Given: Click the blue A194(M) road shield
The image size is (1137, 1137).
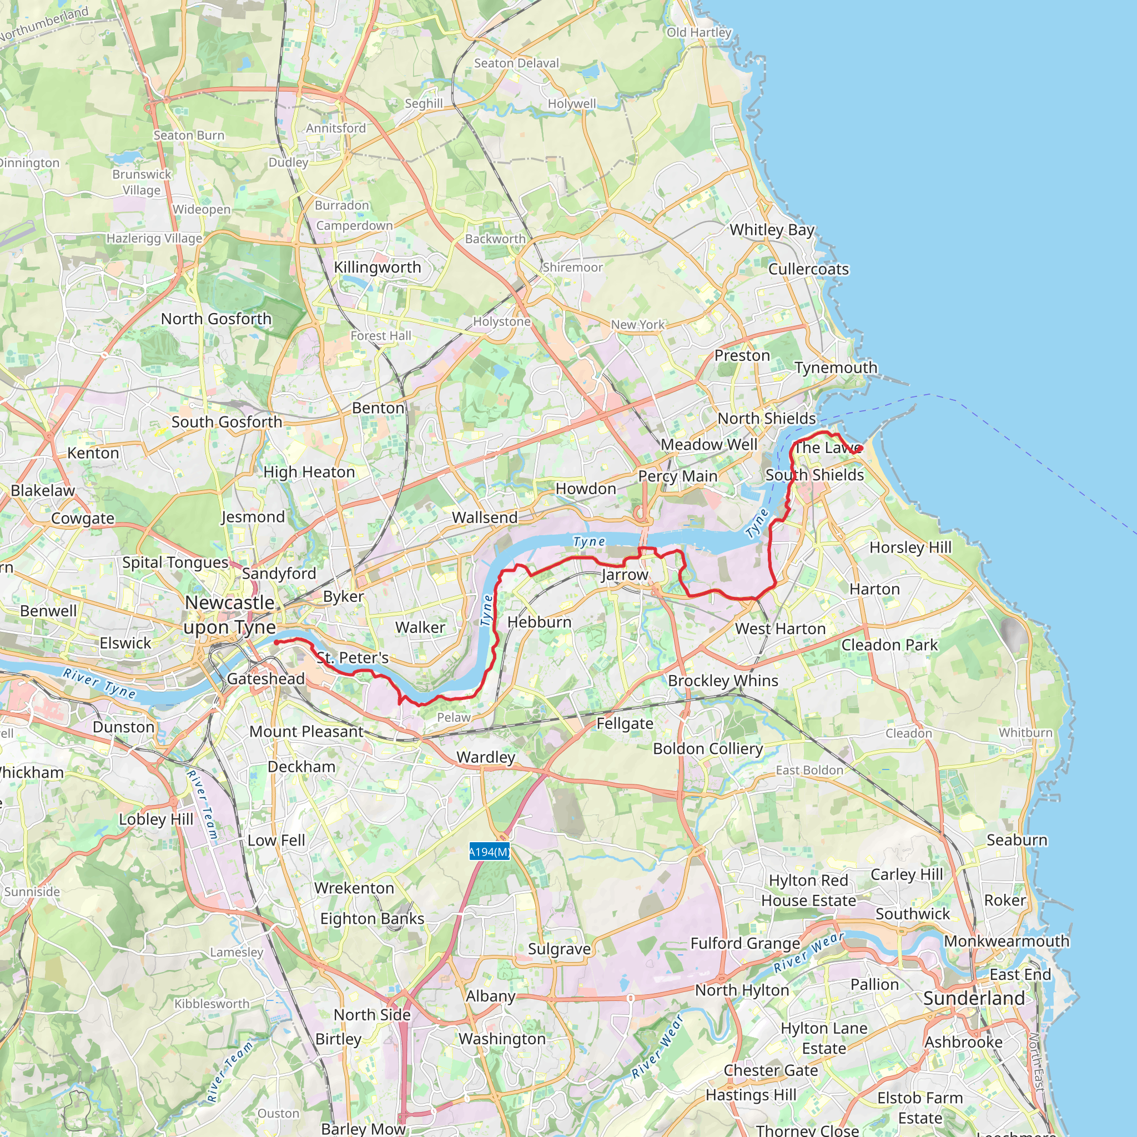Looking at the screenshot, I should pyautogui.click(x=489, y=852).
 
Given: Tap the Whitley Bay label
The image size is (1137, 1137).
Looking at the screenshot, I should pyautogui.click(x=772, y=229).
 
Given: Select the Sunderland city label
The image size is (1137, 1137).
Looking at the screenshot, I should pyautogui.click(x=974, y=998).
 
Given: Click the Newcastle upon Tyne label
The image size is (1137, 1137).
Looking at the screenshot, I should pyautogui.click(x=229, y=615).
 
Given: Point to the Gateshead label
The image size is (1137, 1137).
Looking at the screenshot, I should pyautogui.click(x=266, y=678).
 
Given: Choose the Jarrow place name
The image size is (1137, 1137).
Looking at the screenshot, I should pyautogui.click(x=625, y=575).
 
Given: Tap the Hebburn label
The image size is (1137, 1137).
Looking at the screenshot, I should pyautogui.click(x=539, y=622).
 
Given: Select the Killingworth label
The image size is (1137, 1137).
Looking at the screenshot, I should pyautogui.click(x=377, y=267).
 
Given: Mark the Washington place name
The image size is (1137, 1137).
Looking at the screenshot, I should pyautogui.click(x=502, y=1039).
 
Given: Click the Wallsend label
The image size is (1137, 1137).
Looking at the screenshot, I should pyautogui.click(x=484, y=517).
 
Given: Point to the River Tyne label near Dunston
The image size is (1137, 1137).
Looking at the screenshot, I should pyautogui.click(x=99, y=683).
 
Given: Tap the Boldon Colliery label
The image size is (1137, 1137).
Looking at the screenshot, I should pyautogui.click(x=708, y=748).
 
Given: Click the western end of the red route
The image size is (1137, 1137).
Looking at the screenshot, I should pyautogui.click(x=276, y=643).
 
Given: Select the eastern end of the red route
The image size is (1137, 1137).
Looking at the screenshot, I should pyautogui.click(x=861, y=449).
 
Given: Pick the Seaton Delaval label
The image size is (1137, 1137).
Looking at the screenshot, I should pyautogui.click(x=516, y=63).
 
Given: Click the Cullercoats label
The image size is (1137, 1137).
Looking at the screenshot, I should pyautogui.click(x=808, y=269).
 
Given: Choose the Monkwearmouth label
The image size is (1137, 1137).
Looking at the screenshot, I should pyautogui.click(x=1007, y=941).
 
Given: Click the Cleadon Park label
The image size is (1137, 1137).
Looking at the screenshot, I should pyautogui.click(x=889, y=645).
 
